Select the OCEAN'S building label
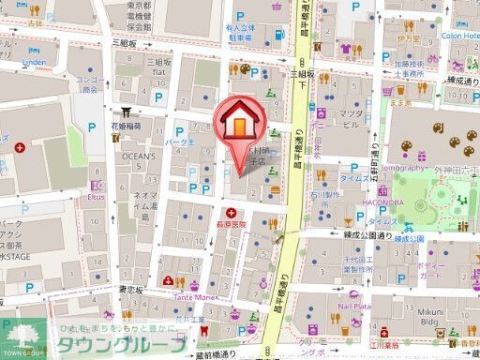(138, 156)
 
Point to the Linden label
(33, 62)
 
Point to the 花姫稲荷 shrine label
(127, 125)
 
